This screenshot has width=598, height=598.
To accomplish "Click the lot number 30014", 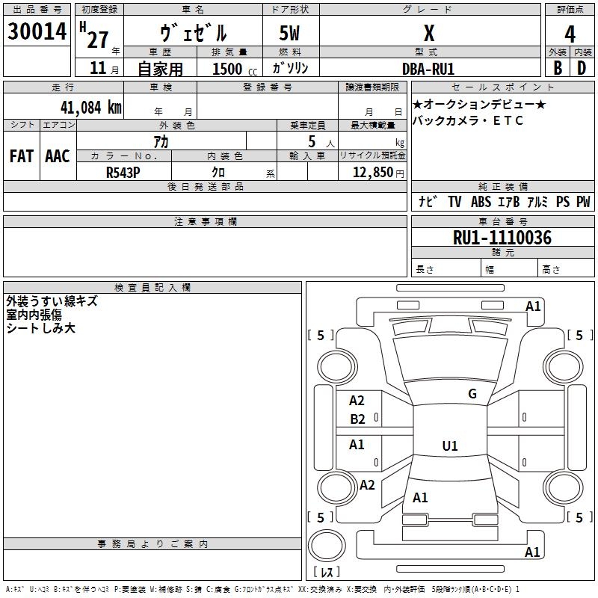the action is (37, 31).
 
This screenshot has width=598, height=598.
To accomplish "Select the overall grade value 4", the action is (570, 34).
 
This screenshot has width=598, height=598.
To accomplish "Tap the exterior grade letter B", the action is (558, 68).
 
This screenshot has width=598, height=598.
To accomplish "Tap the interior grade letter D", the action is (582, 68).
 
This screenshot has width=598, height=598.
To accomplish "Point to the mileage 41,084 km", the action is (90, 108).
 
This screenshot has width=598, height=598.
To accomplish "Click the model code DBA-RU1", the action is (428, 69).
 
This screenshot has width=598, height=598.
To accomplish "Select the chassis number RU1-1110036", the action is (502, 238).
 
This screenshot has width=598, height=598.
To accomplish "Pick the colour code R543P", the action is (123, 173).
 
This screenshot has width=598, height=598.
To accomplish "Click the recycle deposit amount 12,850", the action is (372, 173).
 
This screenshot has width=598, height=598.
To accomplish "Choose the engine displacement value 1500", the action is (227, 69).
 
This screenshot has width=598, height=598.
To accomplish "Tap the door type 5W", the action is (289, 33).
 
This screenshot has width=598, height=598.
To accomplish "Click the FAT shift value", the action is (22, 156).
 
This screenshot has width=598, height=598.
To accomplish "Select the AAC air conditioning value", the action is (58, 156).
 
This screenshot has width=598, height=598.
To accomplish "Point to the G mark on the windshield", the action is (472, 393).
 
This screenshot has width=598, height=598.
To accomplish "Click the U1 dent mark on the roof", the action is (450, 446).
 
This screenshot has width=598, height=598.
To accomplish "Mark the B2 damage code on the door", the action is (357, 419).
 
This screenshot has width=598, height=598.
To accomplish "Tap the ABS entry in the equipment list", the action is (481, 201).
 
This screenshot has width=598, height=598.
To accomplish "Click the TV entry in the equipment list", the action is (454, 201).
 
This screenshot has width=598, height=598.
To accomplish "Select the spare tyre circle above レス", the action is (326, 546).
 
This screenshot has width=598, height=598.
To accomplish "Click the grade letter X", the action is (429, 33).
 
